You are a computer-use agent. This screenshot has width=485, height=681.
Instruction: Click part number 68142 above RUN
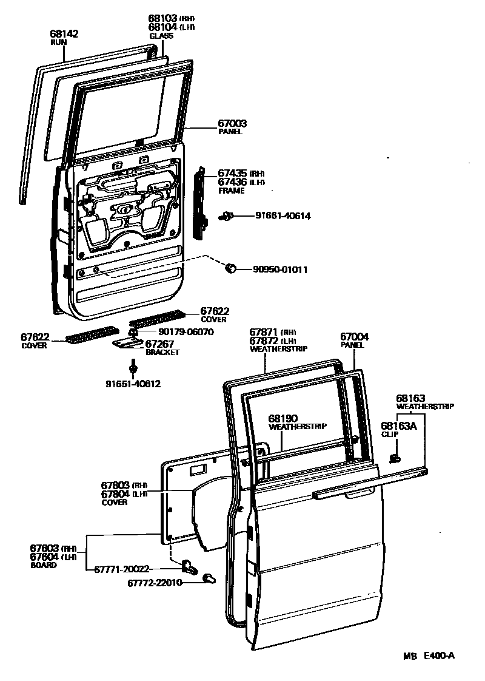[x=64, y=34]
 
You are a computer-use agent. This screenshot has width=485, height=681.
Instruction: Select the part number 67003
[x=232, y=123]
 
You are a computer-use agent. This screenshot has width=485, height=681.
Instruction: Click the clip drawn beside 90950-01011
[x=230, y=268]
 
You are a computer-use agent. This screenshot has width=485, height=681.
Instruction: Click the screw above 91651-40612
[x=132, y=366]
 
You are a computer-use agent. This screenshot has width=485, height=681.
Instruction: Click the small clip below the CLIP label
[x=395, y=456]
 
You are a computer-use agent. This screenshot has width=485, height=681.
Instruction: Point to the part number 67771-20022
[x=121, y=569]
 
